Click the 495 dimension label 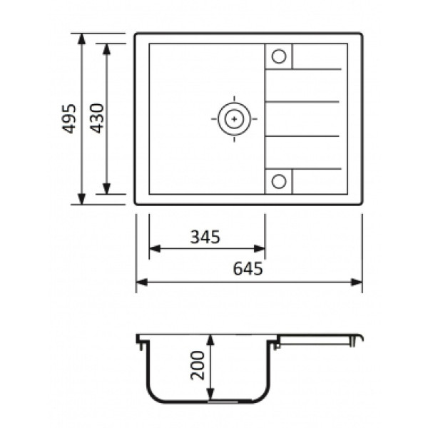[69, 118]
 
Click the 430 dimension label [97, 118]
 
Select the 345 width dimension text [205, 237]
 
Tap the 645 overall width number [248, 269]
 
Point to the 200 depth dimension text [198, 365]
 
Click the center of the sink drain [234, 118]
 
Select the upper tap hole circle [279, 56]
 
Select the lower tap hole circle [279, 181]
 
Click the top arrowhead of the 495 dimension [81, 39]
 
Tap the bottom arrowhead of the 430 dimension [106, 189]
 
